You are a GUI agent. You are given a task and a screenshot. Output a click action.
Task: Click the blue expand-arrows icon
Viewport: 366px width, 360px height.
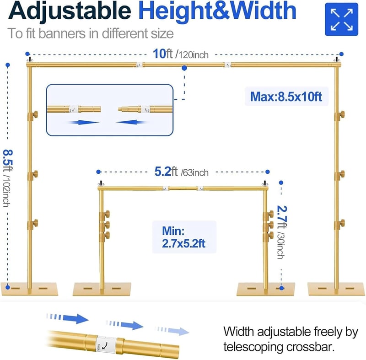[x=341, y=19]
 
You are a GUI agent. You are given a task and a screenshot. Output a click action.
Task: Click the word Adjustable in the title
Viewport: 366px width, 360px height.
[x=70, y=11]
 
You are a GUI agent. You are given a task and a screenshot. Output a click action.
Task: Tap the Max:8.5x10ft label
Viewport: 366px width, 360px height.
[x=286, y=97]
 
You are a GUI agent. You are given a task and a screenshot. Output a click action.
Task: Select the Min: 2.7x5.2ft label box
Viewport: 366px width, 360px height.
[x=184, y=237]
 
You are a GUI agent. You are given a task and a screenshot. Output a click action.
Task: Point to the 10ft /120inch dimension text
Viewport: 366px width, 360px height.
[x=181, y=54]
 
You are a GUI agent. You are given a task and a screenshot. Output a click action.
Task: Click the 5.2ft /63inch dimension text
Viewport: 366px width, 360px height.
[x=181, y=172]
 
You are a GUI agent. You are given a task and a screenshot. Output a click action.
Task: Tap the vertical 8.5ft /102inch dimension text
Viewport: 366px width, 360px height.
[x=7, y=178]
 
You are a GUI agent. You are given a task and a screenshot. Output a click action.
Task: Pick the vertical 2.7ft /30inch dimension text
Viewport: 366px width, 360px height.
[x=282, y=232]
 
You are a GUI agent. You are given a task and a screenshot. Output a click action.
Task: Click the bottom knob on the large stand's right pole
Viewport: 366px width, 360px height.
[x=339, y=225]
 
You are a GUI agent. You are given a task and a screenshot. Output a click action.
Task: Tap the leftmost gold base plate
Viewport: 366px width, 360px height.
[x=29, y=289]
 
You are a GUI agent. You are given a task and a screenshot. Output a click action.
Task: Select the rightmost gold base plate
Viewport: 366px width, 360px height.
[x=336, y=289]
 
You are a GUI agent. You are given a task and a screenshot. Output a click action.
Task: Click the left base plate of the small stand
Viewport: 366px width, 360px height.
[x=102, y=289]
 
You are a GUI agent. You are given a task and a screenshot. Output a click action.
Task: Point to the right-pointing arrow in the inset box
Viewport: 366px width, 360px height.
[x=84, y=122]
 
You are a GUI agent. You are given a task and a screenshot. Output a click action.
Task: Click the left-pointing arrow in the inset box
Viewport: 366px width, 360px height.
[x=131, y=122]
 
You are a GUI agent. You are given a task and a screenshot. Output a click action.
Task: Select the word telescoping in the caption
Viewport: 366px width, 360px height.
[x=253, y=347]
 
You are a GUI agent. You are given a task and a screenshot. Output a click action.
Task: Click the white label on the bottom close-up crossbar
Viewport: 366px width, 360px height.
[x=106, y=344]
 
